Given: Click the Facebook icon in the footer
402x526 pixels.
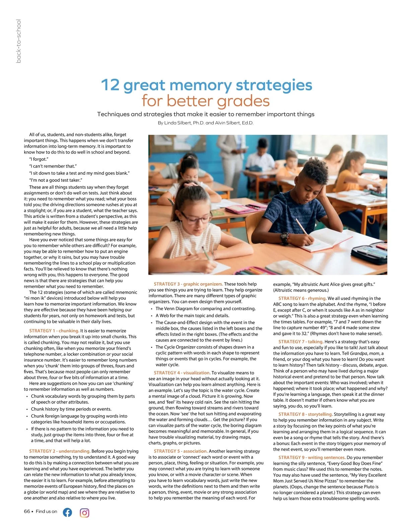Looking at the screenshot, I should [x=67, y=512].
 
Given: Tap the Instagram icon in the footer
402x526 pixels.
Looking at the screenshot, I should [x=84, y=513].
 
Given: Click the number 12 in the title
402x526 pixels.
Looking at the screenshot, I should [x=110, y=85].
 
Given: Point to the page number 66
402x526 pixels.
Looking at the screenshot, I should [x=27, y=511].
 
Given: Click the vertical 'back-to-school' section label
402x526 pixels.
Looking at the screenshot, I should [x=19, y=41].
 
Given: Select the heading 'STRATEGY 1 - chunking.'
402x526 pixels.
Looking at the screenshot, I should [x=54, y=331].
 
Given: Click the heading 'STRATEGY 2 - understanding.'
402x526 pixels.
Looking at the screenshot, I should [x=60, y=451].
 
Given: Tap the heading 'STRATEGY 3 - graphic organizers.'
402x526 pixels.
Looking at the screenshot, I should [x=188, y=284].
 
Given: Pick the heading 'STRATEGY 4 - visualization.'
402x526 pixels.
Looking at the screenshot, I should [x=182, y=373].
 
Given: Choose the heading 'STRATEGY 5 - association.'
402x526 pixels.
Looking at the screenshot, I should [x=181, y=451].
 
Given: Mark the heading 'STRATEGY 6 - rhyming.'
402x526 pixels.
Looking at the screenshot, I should [x=302, y=298].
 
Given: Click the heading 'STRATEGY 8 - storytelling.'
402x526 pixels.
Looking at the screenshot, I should [x=305, y=414].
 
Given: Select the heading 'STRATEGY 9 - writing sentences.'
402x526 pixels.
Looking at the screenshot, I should [x=312, y=457].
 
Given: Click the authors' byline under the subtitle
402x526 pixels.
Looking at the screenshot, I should [x=205, y=123].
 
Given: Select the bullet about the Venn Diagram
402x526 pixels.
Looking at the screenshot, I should [x=205, y=309].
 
